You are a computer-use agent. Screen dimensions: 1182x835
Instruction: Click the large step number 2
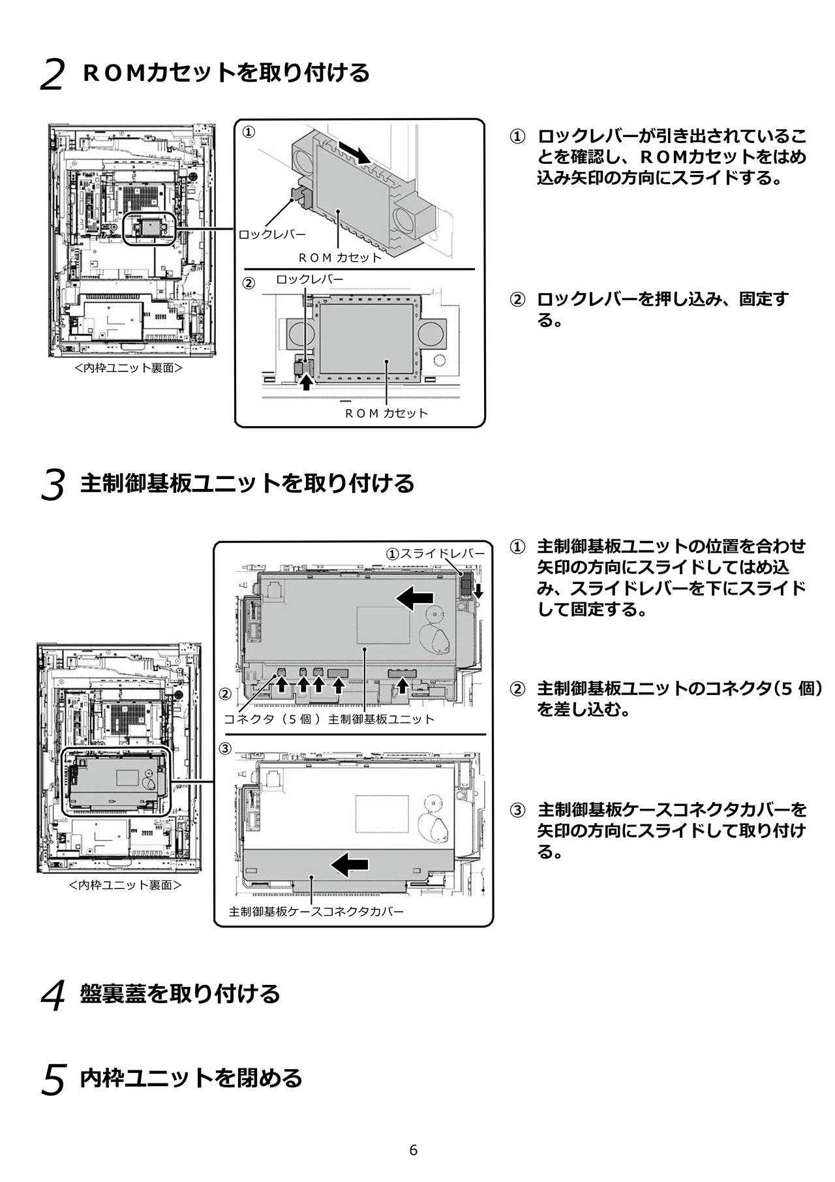pos(52,75)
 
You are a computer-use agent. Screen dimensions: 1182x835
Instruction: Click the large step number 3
pos(53,486)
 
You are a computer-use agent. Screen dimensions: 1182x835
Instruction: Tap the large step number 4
pos(53,996)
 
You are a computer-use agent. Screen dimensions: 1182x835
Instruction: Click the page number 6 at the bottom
pos(413,1150)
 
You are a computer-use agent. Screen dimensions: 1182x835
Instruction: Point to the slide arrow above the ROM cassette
pos(354,154)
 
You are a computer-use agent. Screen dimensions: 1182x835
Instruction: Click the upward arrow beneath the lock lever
pos(305,383)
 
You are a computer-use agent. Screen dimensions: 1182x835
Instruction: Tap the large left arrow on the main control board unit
pos(415,597)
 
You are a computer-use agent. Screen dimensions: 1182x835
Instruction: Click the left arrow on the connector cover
pos(350,865)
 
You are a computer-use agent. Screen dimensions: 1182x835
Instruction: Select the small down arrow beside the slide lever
pos(478,591)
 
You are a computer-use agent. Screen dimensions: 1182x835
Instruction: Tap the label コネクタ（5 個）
pos(273,719)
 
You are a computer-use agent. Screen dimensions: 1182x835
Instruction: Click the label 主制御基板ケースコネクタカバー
pos(316,911)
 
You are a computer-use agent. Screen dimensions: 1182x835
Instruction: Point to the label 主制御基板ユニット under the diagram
pos(381,719)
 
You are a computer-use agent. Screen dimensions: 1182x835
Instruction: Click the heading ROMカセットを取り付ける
pos(226,72)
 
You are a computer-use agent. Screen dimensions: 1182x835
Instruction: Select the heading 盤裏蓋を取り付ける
pos(180,993)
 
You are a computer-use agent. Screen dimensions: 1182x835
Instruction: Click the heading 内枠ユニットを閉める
pos(191,1078)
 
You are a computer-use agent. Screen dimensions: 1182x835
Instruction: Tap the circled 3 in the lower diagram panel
pos(225,749)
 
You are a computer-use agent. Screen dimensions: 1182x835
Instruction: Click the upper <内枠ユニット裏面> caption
pos(129,368)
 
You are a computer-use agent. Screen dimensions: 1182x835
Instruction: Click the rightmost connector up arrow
pos(403,685)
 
